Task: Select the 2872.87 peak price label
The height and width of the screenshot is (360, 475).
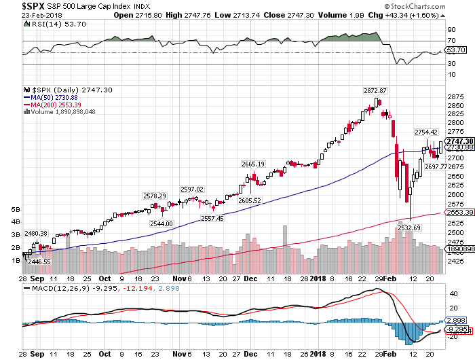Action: point(375,91)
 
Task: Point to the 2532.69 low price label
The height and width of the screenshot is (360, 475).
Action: point(409,228)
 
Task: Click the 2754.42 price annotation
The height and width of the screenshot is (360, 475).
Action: point(428,132)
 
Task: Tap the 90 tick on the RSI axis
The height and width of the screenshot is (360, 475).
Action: point(449,30)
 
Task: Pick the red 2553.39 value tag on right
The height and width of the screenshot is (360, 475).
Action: point(459,213)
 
